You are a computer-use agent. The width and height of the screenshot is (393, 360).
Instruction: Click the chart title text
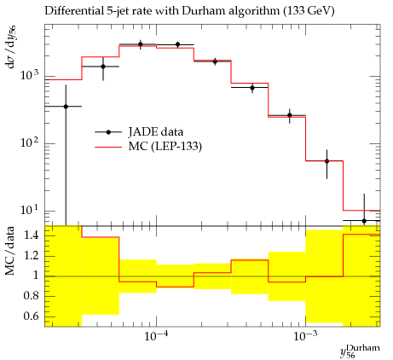tap(189, 11)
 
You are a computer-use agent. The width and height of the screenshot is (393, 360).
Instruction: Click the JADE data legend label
tap(156, 132)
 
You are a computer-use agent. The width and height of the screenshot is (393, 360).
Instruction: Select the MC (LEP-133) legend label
tap(165, 147)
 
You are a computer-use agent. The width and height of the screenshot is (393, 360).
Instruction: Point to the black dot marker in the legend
tap(108, 132)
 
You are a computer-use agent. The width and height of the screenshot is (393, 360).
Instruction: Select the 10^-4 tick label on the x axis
tap(156, 336)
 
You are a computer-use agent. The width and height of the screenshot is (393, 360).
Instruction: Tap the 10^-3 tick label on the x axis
tap(305, 336)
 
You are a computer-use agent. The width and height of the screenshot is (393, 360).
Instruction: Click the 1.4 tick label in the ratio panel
tap(32, 235)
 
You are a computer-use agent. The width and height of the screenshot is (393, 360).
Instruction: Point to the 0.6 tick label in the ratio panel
tap(32, 316)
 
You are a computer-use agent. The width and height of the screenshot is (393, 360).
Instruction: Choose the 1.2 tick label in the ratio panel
tap(32, 256)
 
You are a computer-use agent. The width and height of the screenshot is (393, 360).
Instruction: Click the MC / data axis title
tap(10, 251)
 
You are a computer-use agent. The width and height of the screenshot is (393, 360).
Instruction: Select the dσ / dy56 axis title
tap(10, 47)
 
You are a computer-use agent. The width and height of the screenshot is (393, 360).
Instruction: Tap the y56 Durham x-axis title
tap(360, 351)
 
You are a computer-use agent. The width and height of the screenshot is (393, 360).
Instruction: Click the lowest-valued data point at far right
tap(364, 221)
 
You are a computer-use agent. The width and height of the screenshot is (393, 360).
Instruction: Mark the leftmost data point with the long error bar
tap(66, 107)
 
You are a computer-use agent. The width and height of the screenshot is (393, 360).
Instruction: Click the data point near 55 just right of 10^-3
tap(327, 161)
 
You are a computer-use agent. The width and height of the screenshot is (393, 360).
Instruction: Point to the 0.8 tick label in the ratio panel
tap(32, 296)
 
